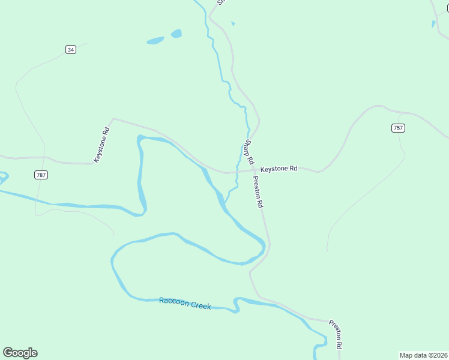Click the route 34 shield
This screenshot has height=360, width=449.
click(71, 49)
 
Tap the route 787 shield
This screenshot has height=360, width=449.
click(41, 175)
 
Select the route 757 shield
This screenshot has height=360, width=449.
click(398, 128)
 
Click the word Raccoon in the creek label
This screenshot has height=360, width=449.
click(173, 301)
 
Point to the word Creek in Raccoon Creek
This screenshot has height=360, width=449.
click(200, 305)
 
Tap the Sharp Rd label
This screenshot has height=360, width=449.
click(249, 152)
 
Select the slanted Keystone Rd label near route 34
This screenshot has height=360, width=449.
click(101, 145)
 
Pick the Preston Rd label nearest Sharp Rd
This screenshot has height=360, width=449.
click(258, 192)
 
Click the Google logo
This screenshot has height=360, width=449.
click(20, 353)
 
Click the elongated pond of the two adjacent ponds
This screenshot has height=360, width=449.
click(155, 41)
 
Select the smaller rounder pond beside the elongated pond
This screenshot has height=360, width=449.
click(176, 34)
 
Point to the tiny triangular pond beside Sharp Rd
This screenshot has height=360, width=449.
click(233, 24)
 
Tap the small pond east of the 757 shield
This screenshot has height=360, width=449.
click(433, 25)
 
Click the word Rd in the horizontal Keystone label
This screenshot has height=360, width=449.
click(293, 169)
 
